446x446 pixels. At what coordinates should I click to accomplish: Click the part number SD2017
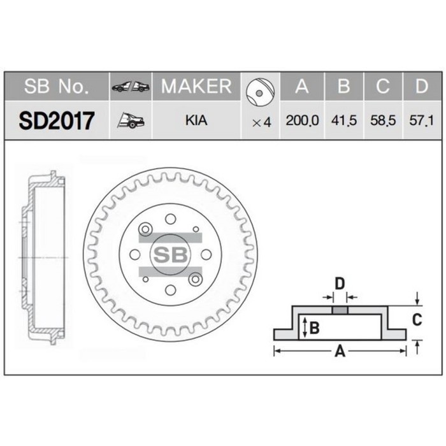pyautogui.click(x=57, y=120)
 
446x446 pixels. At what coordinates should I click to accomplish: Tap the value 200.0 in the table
pyautogui.click(x=302, y=120)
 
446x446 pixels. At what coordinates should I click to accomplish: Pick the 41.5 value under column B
pyautogui.click(x=343, y=120)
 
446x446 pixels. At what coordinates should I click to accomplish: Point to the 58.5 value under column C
pyautogui.click(x=383, y=120)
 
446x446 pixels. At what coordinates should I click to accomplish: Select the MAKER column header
pyautogui.click(x=196, y=87)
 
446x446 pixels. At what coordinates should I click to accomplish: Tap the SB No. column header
pyautogui.click(x=57, y=87)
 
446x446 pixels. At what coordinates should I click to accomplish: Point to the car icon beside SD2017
pyautogui.click(x=131, y=120)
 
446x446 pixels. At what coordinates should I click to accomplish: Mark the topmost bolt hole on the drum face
pyautogui.click(x=170, y=219)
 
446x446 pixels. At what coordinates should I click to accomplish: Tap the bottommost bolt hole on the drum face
pyautogui.click(x=170, y=291)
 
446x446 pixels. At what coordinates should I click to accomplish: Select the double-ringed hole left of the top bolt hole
pyautogui.click(x=145, y=229)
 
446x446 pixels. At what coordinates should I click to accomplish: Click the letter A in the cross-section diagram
pyautogui.click(x=340, y=350)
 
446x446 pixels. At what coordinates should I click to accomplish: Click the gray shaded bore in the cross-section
pyautogui.click(x=340, y=310)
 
